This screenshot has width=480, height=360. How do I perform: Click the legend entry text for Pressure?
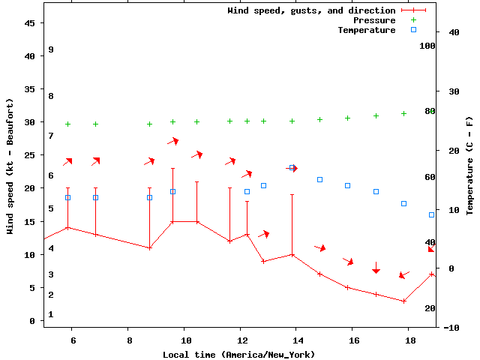coord(374,20)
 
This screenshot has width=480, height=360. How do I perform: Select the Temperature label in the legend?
coord(366,30)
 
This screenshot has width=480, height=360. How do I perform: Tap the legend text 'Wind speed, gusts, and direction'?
coord(311,10)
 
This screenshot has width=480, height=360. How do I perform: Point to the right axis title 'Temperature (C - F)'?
coord(469,166)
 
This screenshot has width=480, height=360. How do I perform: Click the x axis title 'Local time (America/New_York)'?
coord(238,354)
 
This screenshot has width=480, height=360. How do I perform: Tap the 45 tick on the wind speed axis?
coord(31,23)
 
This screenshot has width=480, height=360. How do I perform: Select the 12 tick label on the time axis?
coord(240,340)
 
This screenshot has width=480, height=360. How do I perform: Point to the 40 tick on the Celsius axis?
coord(454,32)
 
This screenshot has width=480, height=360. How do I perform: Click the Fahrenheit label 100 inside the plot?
coord(427,46)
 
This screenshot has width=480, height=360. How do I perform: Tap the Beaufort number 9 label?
coord(50,49)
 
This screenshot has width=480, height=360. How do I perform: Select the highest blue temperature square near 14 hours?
coord(292,168)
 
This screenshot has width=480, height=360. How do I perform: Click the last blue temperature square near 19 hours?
coord(431,214)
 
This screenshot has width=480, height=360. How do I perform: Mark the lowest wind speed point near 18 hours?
coord(403,301)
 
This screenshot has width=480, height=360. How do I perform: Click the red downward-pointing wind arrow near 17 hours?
coord(376,268)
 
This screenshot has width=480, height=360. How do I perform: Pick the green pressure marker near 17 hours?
coord(376,115)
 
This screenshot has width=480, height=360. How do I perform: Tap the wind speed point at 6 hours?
coord(67,227)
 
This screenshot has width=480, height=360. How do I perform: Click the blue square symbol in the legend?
coord(413,30)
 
